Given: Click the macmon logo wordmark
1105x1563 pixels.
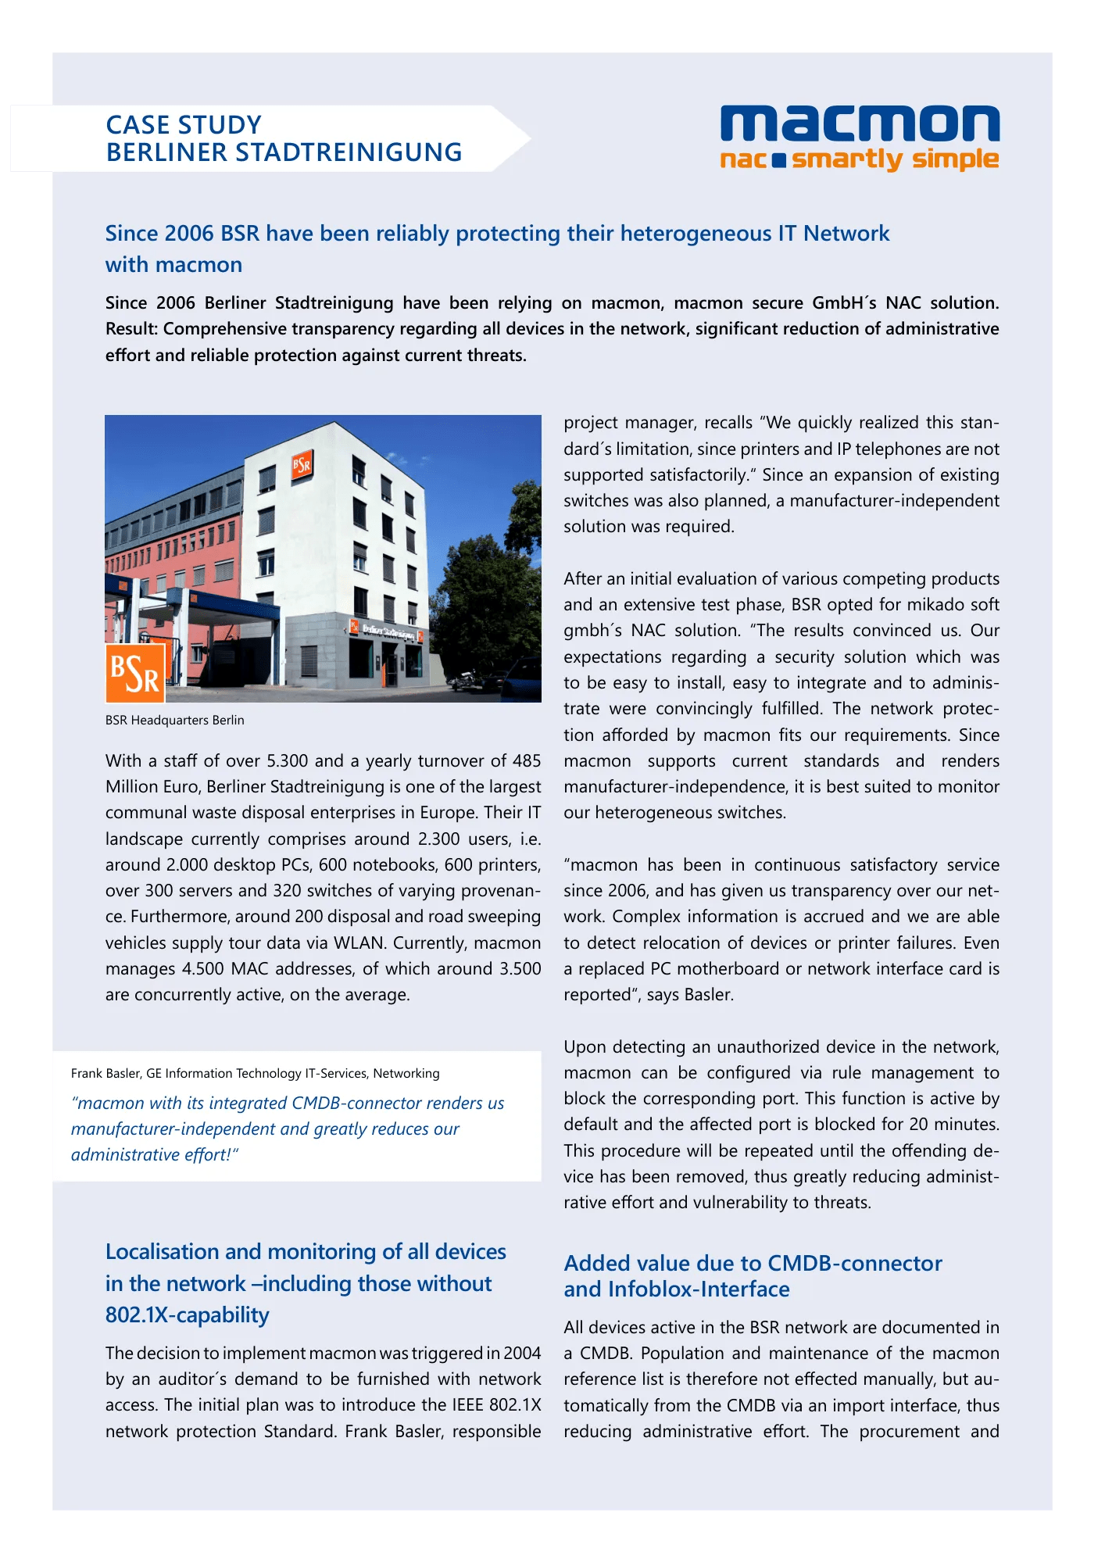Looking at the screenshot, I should [859, 124].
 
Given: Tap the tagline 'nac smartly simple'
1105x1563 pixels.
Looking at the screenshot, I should [859, 159].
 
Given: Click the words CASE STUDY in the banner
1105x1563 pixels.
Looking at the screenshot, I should [184, 125].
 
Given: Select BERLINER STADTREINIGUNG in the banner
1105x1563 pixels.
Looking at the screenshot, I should [284, 152].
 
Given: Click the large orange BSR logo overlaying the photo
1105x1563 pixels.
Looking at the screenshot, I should [135, 673].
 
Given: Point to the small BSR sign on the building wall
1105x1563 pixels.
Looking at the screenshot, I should [302, 465].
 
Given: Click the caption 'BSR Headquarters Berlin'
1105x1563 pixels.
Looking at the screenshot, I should [175, 720].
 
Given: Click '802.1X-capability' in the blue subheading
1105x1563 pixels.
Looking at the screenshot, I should [188, 1315].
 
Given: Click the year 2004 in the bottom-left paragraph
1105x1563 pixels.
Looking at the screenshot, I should [522, 1354].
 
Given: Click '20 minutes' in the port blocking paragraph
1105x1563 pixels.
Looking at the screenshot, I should [953, 1125].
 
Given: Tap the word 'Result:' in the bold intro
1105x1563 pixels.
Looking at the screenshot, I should [132, 329].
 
